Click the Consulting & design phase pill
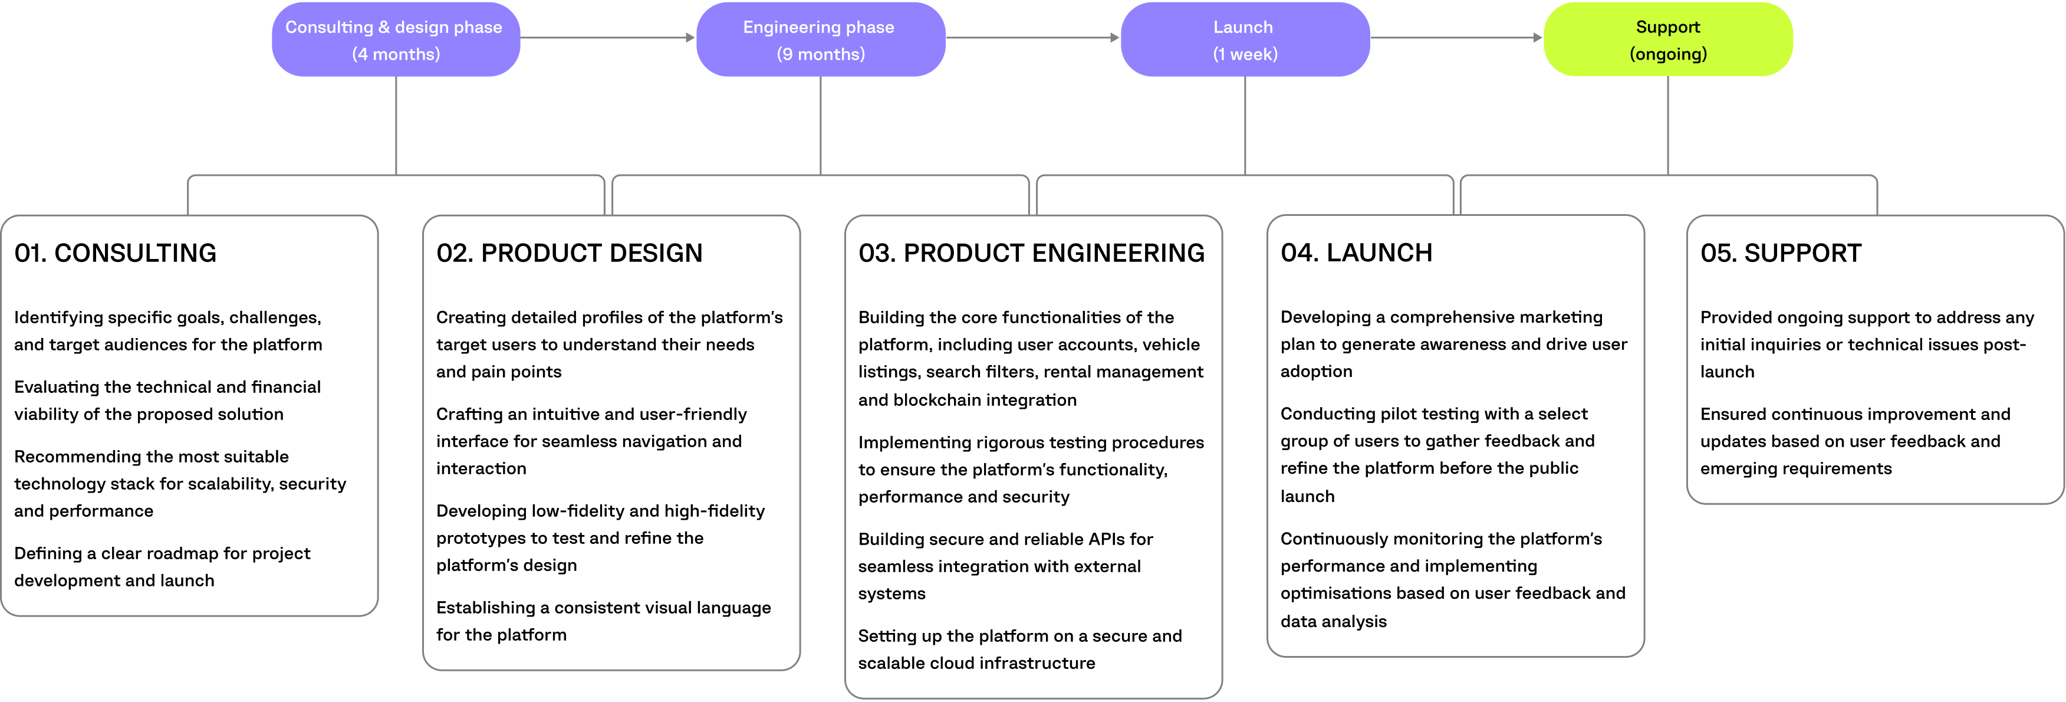tap(396, 40)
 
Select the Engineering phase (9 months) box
tap(820, 40)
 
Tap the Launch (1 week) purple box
tap(1244, 40)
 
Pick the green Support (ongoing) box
tap(1667, 40)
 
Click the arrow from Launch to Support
tap(1456, 38)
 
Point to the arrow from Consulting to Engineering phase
tap(607, 38)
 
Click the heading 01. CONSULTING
tap(116, 254)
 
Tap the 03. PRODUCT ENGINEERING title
tap(1031, 254)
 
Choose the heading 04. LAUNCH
tap(1356, 254)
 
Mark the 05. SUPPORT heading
tap(1781, 254)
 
